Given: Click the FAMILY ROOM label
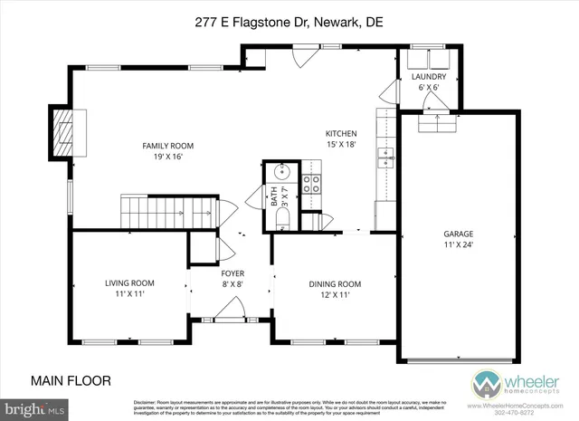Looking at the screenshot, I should point(167,146).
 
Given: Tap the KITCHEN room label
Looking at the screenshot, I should point(342,133).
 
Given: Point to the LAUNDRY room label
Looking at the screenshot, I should point(428,77).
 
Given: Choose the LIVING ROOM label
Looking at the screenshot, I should point(129,283).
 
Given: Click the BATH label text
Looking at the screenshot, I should point(275,198).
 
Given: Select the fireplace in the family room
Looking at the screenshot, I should point(64,133).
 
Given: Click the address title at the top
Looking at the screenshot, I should point(289,24).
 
